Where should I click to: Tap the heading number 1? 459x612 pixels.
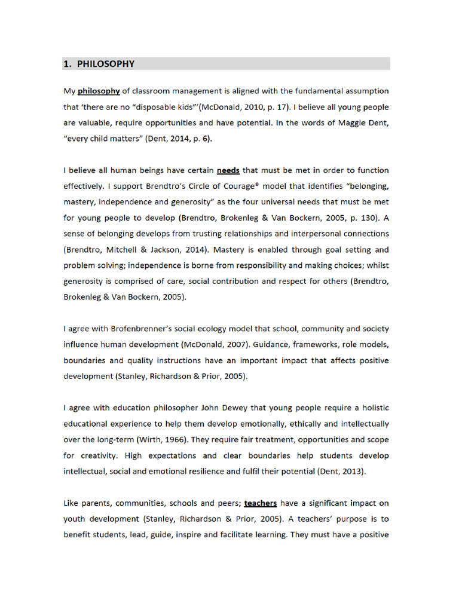68,64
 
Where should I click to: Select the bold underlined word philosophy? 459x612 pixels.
99,91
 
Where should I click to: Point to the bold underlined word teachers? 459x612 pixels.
260,503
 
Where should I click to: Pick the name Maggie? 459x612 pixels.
336,123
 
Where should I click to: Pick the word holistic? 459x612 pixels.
374,408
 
